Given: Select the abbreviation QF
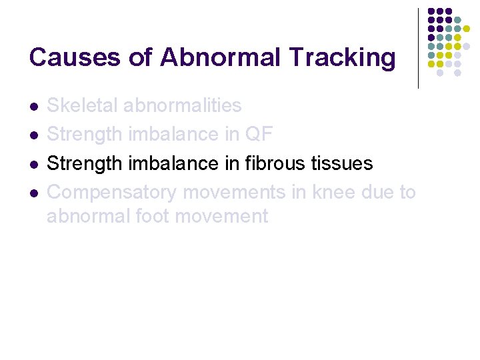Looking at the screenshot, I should (x=259, y=134).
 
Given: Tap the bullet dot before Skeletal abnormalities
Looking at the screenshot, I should (x=33, y=106).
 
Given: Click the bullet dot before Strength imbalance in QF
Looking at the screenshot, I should (x=33, y=135).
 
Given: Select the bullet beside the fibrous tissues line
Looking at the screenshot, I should (x=33, y=163).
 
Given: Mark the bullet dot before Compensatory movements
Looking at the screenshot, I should (x=33, y=193).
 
